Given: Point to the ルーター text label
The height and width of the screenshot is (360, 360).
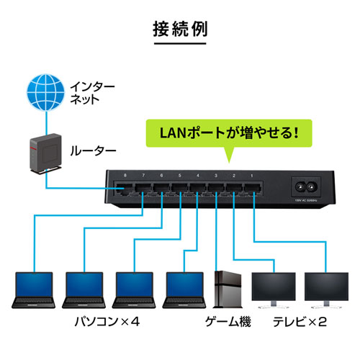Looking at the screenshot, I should pos(92,151).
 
